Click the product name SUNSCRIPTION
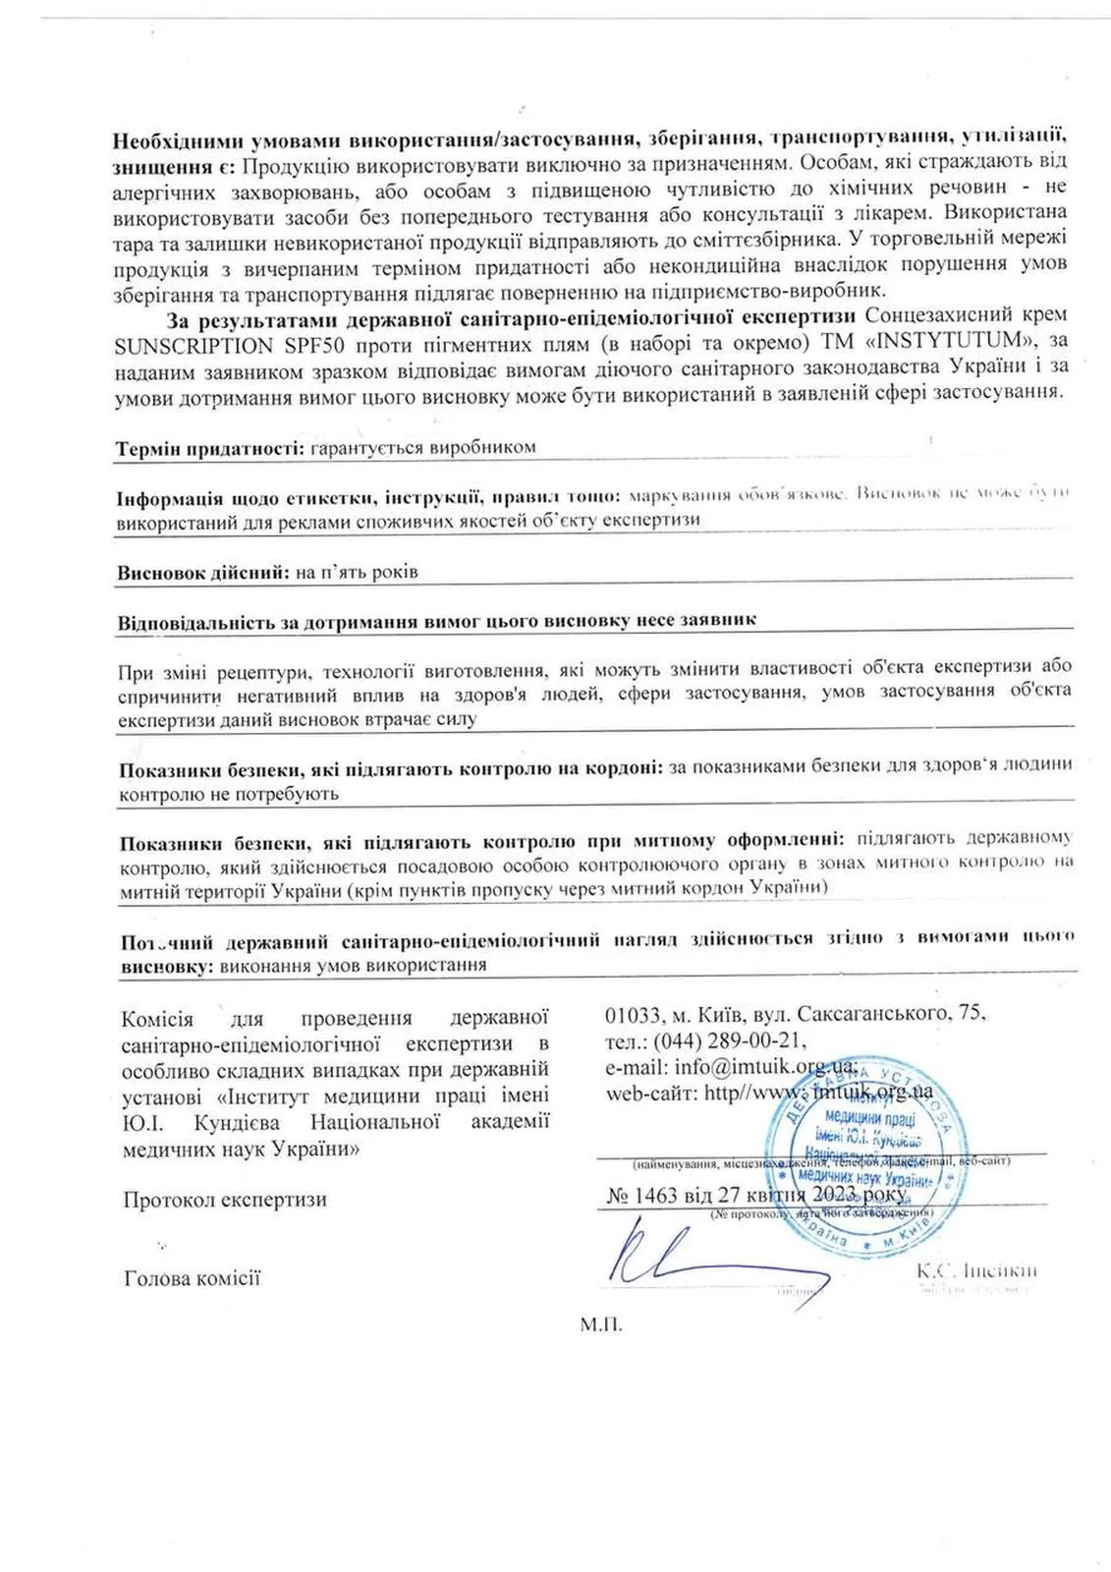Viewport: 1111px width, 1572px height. pos(186,344)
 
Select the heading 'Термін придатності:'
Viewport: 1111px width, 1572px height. pos(209,447)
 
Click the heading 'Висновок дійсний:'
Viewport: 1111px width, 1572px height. pos(202,572)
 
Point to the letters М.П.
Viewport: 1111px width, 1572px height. pos(600,1323)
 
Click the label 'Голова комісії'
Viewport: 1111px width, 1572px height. pos(192,1278)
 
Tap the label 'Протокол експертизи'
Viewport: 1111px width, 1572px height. pos(224,1200)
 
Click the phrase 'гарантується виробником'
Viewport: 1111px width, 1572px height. pos(422,447)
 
